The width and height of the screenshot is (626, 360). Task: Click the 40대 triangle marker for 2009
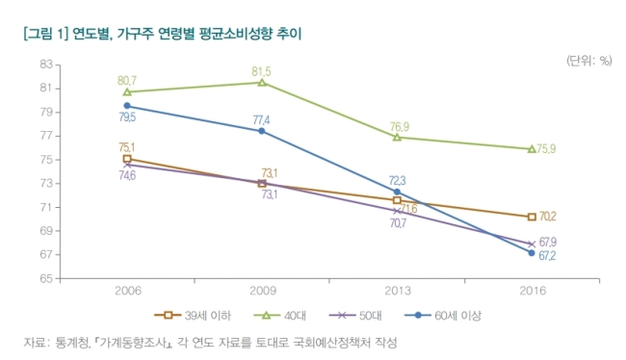click(x=262, y=82)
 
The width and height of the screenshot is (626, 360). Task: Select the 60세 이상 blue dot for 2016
click(x=532, y=252)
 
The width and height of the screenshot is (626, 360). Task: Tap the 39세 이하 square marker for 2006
click(x=127, y=159)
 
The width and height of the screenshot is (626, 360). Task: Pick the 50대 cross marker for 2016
click(x=532, y=244)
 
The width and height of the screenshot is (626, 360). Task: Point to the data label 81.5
click(x=261, y=71)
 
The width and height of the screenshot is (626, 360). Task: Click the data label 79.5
click(x=127, y=117)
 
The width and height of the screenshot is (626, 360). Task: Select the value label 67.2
click(x=547, y=256)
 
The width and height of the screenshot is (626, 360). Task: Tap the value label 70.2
click(x=548, y=217)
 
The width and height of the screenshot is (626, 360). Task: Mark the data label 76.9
click(x=400, y=127)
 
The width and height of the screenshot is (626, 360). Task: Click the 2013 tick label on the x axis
click(x=397, y=291)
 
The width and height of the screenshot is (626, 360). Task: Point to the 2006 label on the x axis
click(x=128, y=291)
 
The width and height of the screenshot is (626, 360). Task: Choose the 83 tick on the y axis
click(x=46, y=64)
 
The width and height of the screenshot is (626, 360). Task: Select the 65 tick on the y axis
click(x=46, y=278)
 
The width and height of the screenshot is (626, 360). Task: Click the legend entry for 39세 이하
click(x=193, y=316)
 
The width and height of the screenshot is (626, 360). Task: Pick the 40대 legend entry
click(x=279, y=316)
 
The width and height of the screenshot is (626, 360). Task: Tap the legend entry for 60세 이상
click(x=443, y=316)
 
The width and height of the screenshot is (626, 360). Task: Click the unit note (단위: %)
click(x=588, y=61)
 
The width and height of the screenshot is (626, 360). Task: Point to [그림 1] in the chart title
click(x=46, y=34)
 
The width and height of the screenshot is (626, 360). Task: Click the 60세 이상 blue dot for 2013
click(x=397, y=192)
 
